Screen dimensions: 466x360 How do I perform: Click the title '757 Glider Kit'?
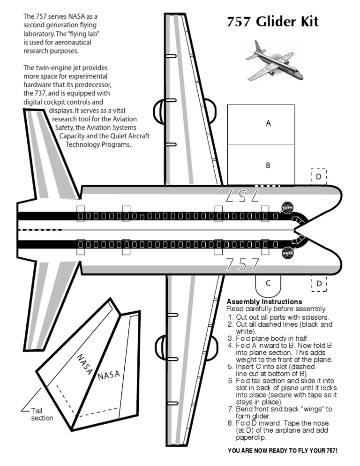coord(272,22)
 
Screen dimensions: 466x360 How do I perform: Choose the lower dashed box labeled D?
coord(319,284)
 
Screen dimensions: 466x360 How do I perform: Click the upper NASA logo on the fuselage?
coord(286,208)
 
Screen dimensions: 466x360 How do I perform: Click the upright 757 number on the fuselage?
coord(242,265)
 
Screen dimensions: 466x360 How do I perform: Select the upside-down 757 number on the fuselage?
coord(242,195)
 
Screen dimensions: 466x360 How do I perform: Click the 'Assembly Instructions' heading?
coord(264,301)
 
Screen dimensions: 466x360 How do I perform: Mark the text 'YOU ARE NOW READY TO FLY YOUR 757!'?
coord(283,451)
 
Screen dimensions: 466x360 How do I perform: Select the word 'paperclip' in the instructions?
coord(251,437)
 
